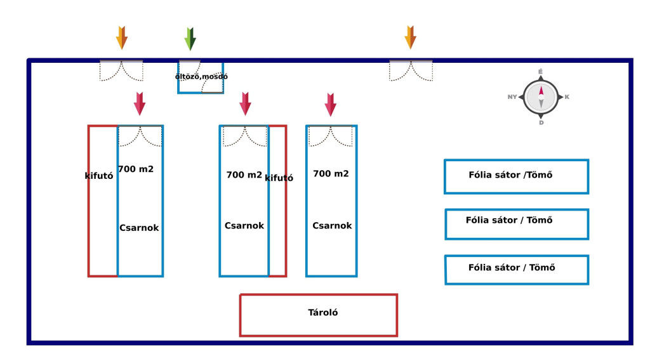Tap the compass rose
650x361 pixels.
click(x=541, y=97)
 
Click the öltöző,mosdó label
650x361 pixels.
click(x=201, y=77)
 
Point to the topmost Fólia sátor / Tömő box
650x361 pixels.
click(x=516, y=176)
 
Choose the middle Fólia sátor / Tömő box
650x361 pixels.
click(x=517, y=224)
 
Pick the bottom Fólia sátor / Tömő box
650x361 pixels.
click(x=517, y=270)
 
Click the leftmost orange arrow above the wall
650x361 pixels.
click(x=122, y=37)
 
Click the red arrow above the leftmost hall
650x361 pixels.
click(x=140, y=103)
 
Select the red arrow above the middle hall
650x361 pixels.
click(x=245, y=103)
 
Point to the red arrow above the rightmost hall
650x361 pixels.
click(x=331, y=104)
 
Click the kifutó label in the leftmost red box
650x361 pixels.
click(x=99, y=176)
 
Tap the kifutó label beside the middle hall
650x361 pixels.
click(x=279, y=178)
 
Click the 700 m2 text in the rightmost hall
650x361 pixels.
click(x=331, y=174)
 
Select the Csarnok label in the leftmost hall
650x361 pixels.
click(x=139, y=228)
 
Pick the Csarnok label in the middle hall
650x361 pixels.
click(x=244, y=226)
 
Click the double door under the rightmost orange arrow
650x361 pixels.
click(x=411, y=70)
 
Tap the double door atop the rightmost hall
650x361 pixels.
click(x=331, y=136)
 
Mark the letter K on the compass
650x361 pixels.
click(x=566, y=97)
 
